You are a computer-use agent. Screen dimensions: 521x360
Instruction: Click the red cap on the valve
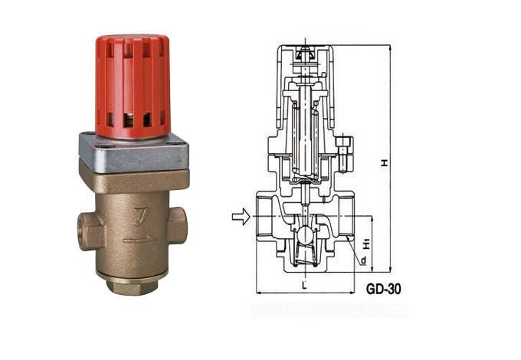tap(133, 87)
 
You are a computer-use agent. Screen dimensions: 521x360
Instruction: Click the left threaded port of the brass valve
tap(90, 231)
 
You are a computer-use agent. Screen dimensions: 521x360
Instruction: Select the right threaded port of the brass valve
tap(177, 225)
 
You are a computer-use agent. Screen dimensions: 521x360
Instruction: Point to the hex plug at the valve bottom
tap(133, 287)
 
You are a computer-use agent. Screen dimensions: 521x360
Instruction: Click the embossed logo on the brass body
tap(141, 217)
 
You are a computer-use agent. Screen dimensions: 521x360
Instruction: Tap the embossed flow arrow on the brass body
tap(139, 239)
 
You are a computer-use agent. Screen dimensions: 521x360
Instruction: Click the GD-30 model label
tap(383, 289)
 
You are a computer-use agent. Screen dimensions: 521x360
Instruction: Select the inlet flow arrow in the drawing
tap(241, 217)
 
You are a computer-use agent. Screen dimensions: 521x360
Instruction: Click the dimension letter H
tap(385, 162)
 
